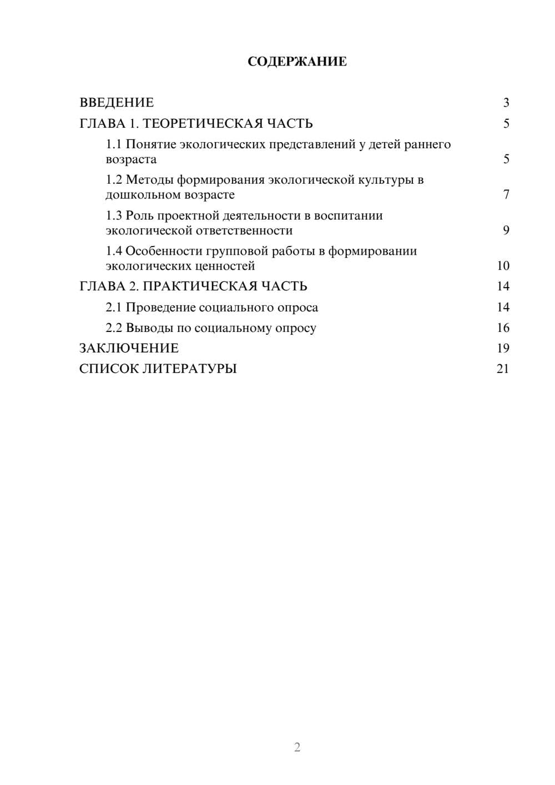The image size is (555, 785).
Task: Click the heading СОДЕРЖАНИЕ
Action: click(297, 62)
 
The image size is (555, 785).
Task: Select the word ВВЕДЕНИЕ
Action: click(117, 103)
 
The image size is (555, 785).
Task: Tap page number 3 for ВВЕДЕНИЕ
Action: click(506, 103)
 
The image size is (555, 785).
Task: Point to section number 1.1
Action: click(114, 144)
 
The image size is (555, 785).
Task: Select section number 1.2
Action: click(114, 180)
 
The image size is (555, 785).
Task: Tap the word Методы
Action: click(149, 180)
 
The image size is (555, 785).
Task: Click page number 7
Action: click(506, 195)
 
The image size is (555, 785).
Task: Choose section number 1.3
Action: click(114, 215)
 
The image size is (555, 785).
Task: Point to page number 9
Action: click(506, 230)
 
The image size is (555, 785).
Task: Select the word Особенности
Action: click(163, 251)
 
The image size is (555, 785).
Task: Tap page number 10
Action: click(503, 266)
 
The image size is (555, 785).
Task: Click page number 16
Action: click(503, 328)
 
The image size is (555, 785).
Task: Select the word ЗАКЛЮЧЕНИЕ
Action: click(129, 349)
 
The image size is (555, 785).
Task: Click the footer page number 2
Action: click(297, 747)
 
